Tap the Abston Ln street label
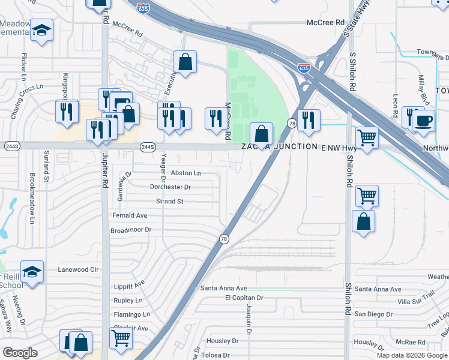[186, 173]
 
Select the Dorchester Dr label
[170, 187]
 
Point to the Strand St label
[170, 202]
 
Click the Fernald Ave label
[130, 215]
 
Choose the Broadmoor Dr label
[131, 230]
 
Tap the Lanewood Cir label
[78, 270]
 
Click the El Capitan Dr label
[244, 298]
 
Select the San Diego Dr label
[373, 314]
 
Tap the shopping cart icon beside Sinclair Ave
[121, 338]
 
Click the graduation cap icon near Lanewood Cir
[32, 271]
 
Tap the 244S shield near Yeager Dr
[148, 146]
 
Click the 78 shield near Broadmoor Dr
[223, 239]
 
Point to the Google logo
[20, 353]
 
